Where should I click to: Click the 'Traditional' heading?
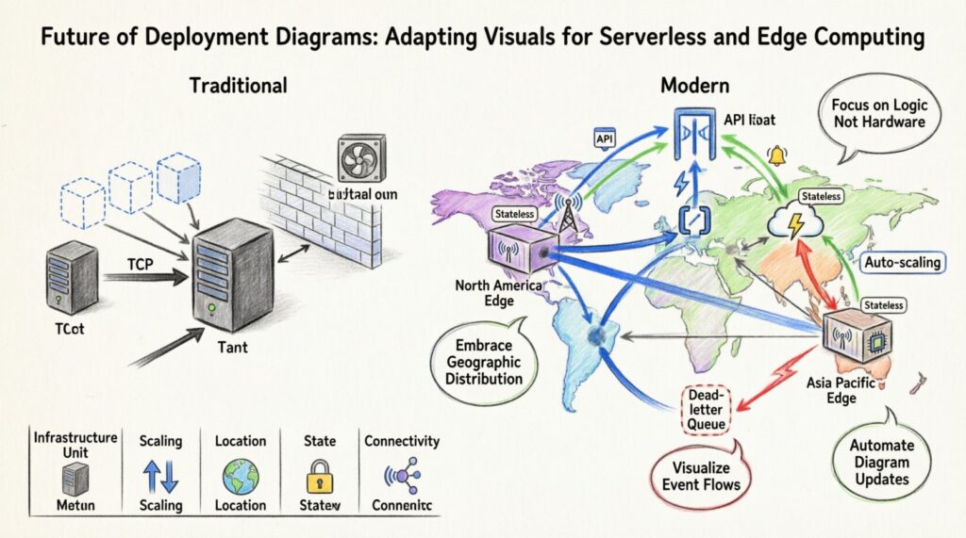point(238,86)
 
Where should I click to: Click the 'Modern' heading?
point(694,86)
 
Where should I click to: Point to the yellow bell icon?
point(777,155)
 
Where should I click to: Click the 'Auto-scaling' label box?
point(903,262)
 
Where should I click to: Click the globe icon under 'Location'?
point(240,477)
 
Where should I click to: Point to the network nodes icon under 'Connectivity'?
point(397,478)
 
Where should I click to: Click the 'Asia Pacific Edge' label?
point(835,390)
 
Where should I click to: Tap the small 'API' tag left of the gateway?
point(604,138)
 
